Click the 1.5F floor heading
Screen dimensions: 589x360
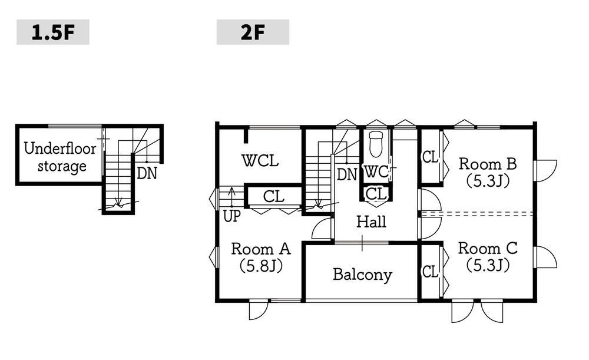pyautogui.click(x=53, y=32)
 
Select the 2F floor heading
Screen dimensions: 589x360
pyautogui.click(x=253, y=32)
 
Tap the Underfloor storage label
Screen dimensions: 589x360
pyautogui.click(x=60, y=157)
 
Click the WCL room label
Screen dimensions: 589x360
pyautogui.click(x=260, y=161)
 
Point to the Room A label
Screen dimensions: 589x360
pyautogui.click(x=261, y=257)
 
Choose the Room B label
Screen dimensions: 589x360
pyautogui.click(x=488, y=173)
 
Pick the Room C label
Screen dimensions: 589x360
pyautogui.click(x=488, y=257)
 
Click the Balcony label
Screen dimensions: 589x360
pyautogui.click(x=362, y=275)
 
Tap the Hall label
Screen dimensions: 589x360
pyautogui.click(x=371, y=222)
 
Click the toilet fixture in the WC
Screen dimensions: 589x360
pyautogui.click(x=376, y=144)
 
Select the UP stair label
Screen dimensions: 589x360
pyautogui.click(x=231, y=216)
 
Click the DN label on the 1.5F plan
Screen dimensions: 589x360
pyautogui.click(x=147, y=174)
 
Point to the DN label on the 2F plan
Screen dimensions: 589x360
pyautogui.click(x=347, y=175)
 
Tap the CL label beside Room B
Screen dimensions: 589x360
pyautogui.click(x=430, y=157)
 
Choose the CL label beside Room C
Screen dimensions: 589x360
pyautogui.click(x=430, y=272)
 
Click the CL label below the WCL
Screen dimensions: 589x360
pyautogui.click(x=273, y=197)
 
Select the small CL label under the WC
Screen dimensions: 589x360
pyautogui.click(x=376, y=194)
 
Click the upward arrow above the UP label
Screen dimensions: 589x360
pyautogui.click(x=231, y=197)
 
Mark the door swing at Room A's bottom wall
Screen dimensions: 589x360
pyautogui.click(x=259, y=311)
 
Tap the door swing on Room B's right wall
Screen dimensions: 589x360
pyautogui.click(x=546, y=171)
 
